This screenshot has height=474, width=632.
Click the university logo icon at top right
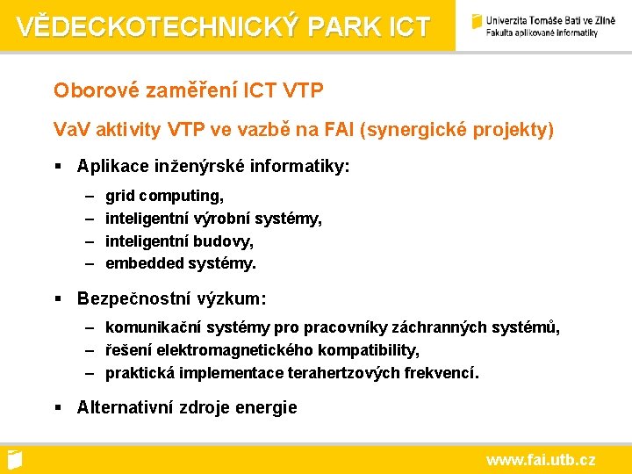coord(477,21)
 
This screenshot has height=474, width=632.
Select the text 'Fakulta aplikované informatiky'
coord(542,32)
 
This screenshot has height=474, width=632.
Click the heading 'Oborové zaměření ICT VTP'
coord(188,90)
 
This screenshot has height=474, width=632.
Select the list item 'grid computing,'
coord(164,195)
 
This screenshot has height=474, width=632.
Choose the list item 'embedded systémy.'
coord(181,263)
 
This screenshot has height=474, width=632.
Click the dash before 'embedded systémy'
coord(90,263)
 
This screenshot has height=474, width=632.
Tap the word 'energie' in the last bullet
coord(268,407)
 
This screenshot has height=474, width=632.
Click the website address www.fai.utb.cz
coord(541,459)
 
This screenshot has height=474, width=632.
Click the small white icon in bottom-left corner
coord(13,459)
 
